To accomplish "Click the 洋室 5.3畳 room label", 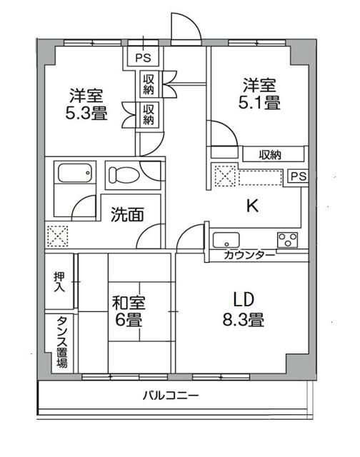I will point(89,104).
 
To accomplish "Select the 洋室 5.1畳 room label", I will point(259,94).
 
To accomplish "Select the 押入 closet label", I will point(59,280).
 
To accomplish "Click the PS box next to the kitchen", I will point(297,176).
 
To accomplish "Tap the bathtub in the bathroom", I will point(74,174).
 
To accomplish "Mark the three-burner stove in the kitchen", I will point(288,239).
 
